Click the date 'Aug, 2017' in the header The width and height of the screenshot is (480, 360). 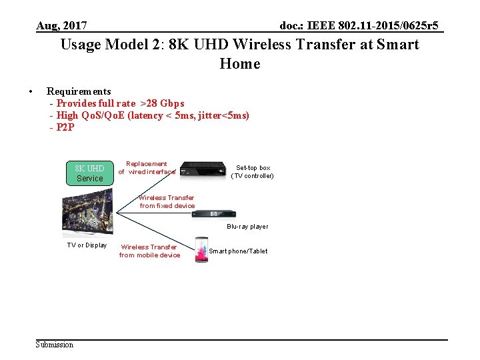point(61,26)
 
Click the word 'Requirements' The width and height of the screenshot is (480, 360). point(79,91)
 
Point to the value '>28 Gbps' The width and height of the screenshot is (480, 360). point(162,103)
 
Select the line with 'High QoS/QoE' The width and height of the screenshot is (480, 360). point(153,115)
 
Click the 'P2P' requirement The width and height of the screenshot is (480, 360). point(65,127)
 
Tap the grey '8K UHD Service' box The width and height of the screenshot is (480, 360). point(89,173)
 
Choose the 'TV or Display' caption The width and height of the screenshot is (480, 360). point(87,245)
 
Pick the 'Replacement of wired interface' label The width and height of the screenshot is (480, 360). point(147,168)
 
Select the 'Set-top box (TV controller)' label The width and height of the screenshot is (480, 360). point(253,172)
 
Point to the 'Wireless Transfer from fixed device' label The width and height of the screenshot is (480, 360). point(167,201)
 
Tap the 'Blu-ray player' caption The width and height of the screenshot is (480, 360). point(247,227)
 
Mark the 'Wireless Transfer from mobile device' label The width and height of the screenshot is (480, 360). point(149,251)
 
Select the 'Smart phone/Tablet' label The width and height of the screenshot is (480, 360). point(238,251)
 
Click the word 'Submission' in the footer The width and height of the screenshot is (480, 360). point(55,345)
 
